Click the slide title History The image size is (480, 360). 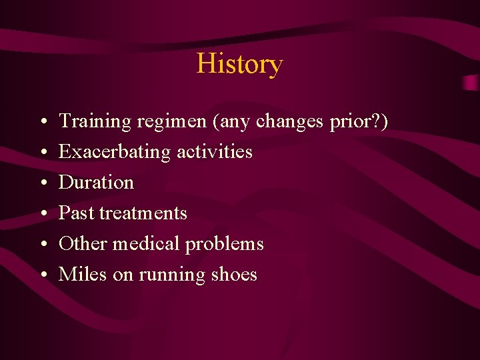[239, 65]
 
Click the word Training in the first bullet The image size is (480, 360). [95, 121]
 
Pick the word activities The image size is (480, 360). [215, 152]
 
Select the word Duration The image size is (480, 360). [96, 183]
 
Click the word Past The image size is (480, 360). [76, 213]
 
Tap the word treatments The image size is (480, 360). [143, 213]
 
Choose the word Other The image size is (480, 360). [83, 244]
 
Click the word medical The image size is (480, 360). [146, 244]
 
